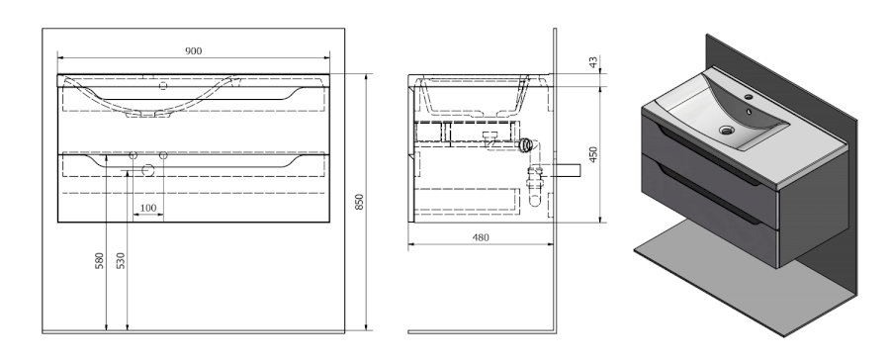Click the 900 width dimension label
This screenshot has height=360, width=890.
(194, 51)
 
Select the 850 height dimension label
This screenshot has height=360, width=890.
(359, 202)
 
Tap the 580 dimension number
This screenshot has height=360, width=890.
(99, 261)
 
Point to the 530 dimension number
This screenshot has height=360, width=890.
(121, 261)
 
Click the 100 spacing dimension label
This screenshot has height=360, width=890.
(147, 208)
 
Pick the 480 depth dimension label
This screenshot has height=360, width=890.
(481, 237)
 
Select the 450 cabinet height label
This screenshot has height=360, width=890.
(593, 154)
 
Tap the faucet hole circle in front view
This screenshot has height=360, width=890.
(163, 86)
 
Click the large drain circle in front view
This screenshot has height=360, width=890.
(147, 170)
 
